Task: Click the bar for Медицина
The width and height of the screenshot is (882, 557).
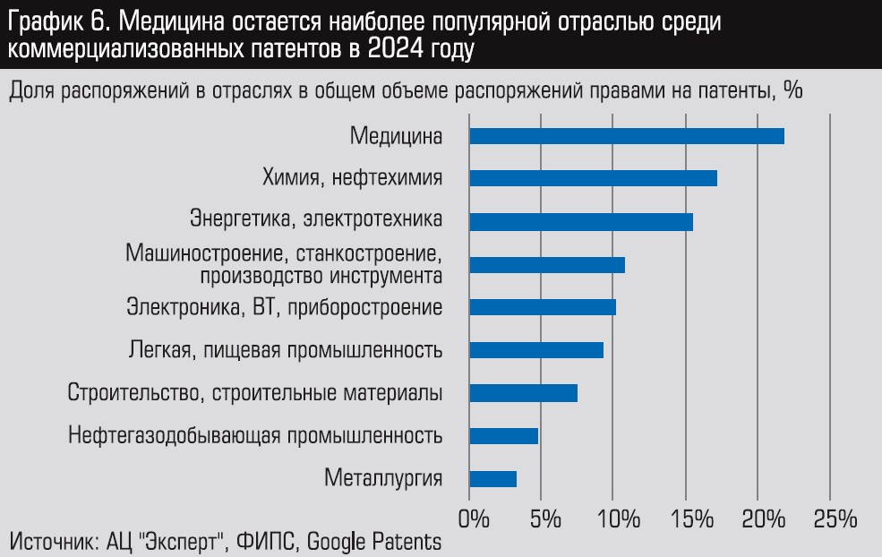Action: tap(627, 136)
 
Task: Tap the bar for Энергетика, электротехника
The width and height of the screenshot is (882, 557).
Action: tap(581, 221)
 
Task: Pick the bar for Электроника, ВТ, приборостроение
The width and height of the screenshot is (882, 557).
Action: tap(543, 307)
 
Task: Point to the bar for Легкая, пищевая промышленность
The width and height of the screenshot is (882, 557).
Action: tap(536, 350)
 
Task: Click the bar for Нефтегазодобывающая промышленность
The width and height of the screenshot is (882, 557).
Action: tap(503, 436)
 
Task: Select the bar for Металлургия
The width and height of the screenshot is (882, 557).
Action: tap(492, 479)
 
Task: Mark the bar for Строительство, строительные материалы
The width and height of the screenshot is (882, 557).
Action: tap(523, 393)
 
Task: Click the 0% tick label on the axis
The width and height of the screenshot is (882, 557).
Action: tap(473, 519)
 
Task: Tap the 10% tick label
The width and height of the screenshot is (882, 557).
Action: tap(614, 519)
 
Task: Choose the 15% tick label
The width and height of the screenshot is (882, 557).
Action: tap(686, 519)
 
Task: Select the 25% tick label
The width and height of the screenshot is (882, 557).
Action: tap(830, 519)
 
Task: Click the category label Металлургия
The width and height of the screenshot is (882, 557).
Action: tap(384, 478)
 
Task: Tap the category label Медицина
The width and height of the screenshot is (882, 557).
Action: tap(397, 136)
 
